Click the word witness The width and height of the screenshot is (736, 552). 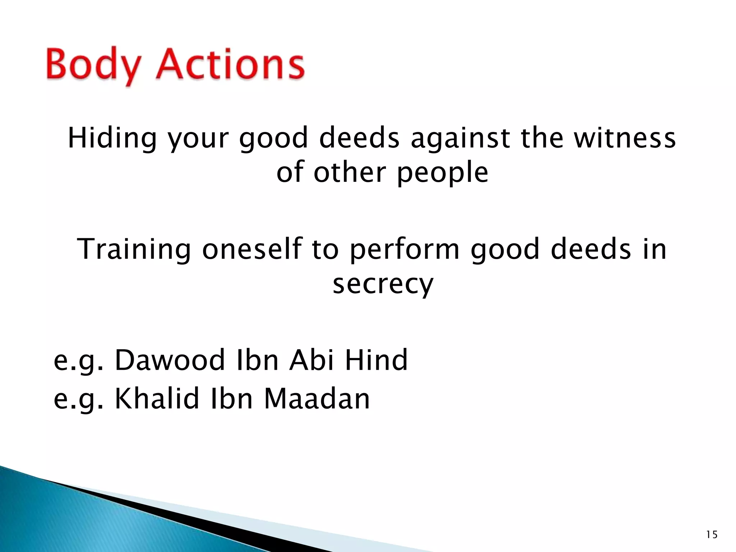[625, 138]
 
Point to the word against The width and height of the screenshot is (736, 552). [460, 138]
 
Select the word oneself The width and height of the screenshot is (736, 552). [252, 249]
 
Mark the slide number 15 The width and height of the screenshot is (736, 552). [712, 535]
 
